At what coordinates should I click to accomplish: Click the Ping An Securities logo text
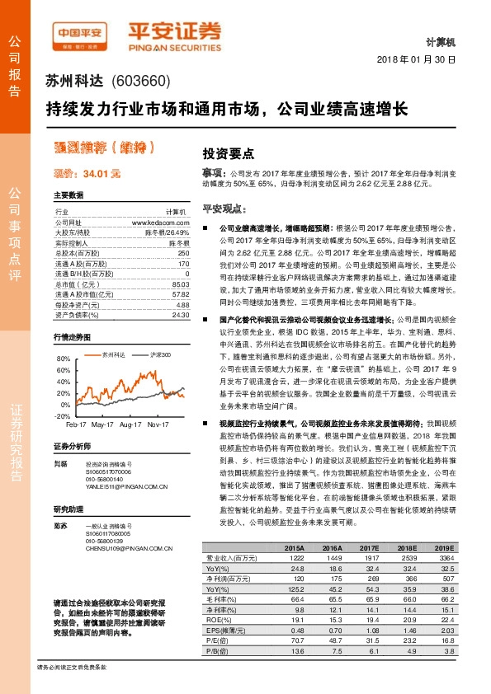coord(174,32)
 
